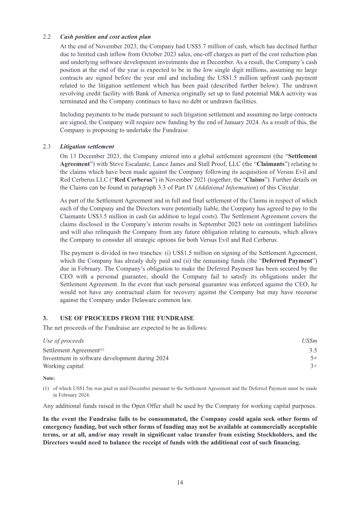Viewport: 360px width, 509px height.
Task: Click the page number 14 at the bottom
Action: coord(180,482)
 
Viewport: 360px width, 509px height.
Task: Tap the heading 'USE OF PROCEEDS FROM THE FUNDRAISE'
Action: coord(126,318)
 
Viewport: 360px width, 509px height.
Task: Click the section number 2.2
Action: coord(46,36)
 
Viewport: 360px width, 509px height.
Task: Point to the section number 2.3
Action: coord(46,147)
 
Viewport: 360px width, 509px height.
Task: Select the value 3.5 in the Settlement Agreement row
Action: coord(313,350)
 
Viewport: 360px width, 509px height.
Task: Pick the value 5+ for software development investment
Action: coord(314,358)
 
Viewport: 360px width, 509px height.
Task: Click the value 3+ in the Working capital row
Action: coord(314,366)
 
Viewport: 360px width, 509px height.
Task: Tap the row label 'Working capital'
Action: coord(63,366)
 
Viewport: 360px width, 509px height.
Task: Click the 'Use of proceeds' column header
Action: coord(63,341)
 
